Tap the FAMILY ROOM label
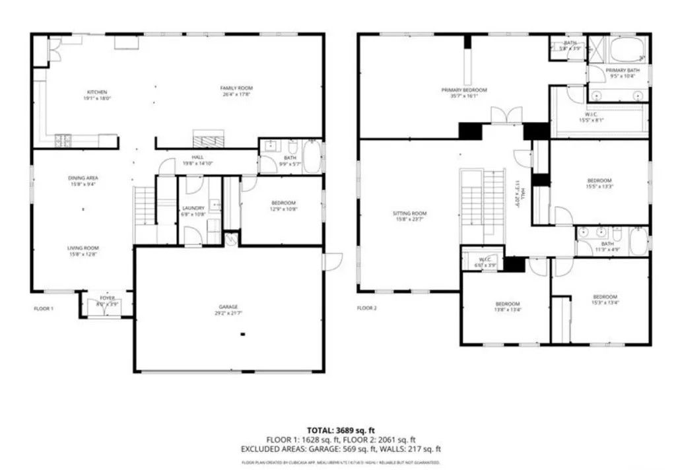236,88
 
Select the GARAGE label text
228,307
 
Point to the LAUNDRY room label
193,207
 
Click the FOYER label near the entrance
106,298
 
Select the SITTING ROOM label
409,213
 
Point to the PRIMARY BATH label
623,70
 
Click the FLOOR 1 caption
43,308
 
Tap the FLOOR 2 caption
366,308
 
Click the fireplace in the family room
208,139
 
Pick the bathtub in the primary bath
628,49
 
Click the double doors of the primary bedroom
506,116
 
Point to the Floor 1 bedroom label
283,203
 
